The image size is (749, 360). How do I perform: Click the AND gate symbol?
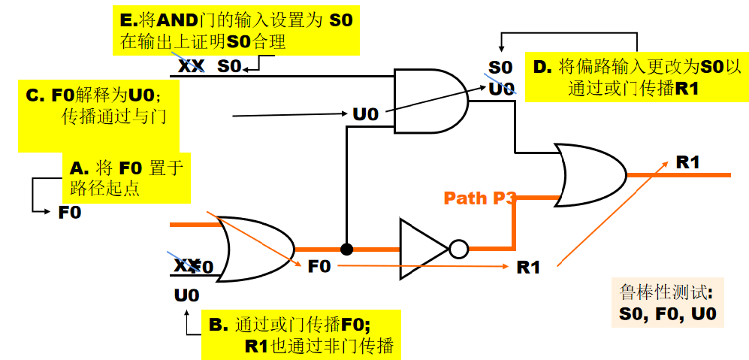(x=430, y=100)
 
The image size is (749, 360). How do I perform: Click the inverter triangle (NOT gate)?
(x=424, y=249)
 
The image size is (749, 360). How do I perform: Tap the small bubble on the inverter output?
(x=458, y=249)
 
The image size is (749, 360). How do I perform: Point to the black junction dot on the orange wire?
(x=347, y=249)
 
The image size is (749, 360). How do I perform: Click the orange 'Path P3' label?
(x=479, y=198)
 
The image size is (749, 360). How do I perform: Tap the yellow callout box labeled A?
(x=126, y=178)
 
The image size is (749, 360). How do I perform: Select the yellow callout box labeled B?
(x=301, y=334)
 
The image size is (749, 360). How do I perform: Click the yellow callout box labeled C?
(x=99, y=116)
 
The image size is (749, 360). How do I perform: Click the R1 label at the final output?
(x=688, y=162)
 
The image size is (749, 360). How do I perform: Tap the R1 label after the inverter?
(x=528, y=268)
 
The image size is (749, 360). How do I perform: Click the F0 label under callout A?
(x=70, y=212)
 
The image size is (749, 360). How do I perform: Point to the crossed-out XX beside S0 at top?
(x=191, y=66)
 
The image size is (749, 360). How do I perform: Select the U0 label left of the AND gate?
(x=365, y=115)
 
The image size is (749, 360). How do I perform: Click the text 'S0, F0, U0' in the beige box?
(x=668, y=314)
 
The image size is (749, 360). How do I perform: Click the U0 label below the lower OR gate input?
(x=186, y=295)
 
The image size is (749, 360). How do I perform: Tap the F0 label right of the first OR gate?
(x=319, y=266)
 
